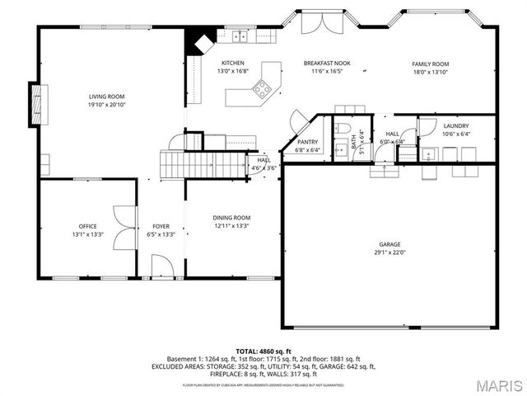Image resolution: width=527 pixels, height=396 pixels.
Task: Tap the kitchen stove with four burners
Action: tap(263, 87)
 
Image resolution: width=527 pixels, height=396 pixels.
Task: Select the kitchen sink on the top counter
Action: tap(240, 35)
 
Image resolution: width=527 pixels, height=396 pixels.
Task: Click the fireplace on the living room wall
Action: tap(35, 102)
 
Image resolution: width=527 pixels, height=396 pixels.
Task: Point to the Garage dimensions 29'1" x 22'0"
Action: tap(391, 253)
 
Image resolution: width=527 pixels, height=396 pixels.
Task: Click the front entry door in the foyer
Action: tap(162, 270)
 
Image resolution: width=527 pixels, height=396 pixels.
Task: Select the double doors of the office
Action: tap(124, 226)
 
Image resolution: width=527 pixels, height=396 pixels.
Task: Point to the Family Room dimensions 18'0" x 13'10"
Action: tap(430, 73)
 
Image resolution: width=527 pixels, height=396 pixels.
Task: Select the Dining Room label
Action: tap(231, 218)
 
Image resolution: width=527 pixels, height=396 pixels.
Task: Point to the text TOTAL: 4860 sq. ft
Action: tap(263, 351)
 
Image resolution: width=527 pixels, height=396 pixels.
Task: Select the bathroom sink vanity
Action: tap(340, 150)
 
